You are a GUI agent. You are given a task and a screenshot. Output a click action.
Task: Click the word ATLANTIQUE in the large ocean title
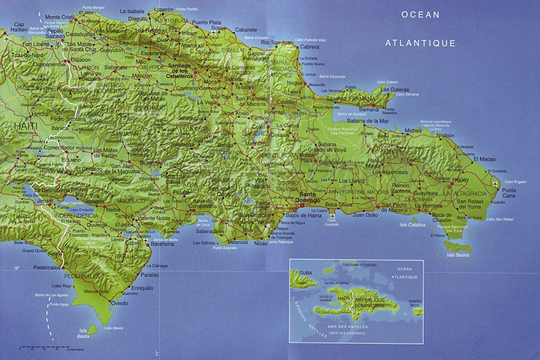(x=420, y=43)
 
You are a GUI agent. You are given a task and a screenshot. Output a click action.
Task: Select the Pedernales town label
(x=47, y=267)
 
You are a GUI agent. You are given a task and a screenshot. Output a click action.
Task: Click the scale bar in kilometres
(x=44, y=348)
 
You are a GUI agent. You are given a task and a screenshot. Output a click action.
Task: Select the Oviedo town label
(x=120, y=302)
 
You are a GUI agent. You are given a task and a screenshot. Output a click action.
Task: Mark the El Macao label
(x=485, y=158)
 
